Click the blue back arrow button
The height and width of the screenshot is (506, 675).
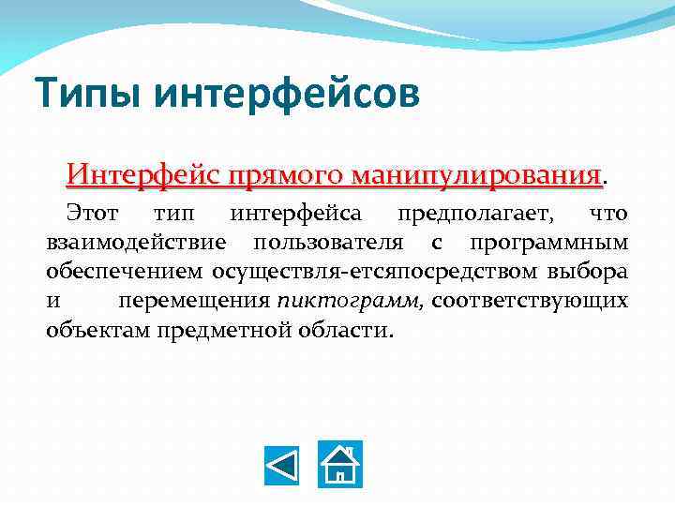pos(280,464)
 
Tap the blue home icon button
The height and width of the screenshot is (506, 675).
pos(341,464)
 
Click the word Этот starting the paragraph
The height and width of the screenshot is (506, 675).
pos(92,215)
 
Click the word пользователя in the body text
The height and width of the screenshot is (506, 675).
pos(329,244)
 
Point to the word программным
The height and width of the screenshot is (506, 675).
pos(549,244)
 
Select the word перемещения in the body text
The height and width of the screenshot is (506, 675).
pos(194,302)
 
